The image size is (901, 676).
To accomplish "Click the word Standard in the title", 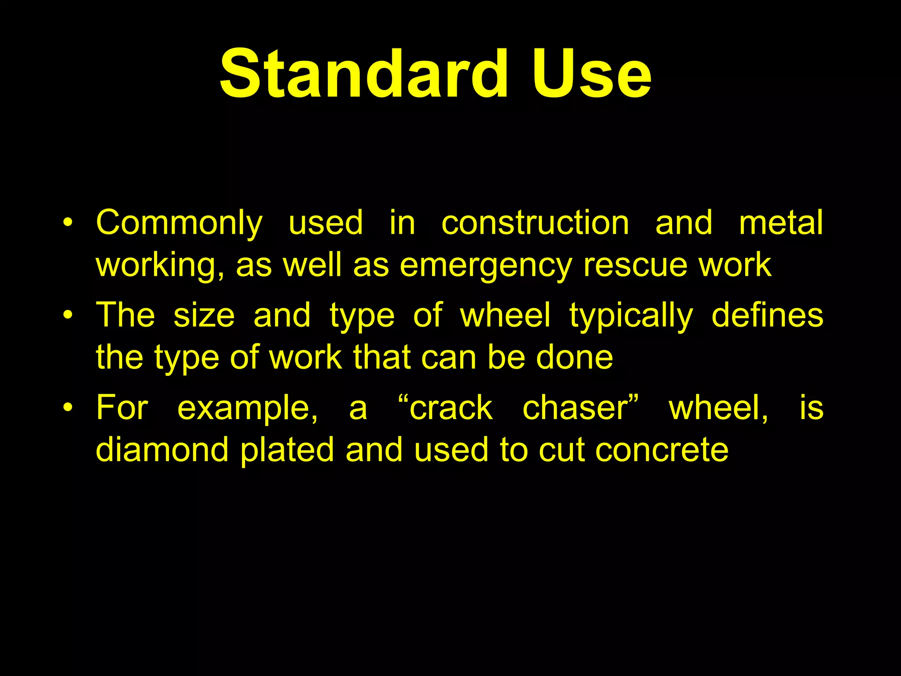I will [x=364, y=74].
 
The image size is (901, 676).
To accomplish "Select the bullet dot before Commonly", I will [x=67, y=222].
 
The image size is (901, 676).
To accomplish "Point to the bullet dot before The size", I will [x=67, y=315].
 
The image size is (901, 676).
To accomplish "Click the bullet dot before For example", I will [x=67, y=407].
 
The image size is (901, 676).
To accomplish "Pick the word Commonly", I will [x=179, y=224].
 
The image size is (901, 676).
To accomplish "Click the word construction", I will [x=535, y=223].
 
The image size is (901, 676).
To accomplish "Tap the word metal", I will [x=781, y=223].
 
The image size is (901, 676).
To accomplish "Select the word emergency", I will [x=486, y=266].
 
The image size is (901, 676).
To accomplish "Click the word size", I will [x=204, y=316].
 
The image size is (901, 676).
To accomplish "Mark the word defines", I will [x=767, y=315].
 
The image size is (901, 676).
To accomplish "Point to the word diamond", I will [x=162, y=450].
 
